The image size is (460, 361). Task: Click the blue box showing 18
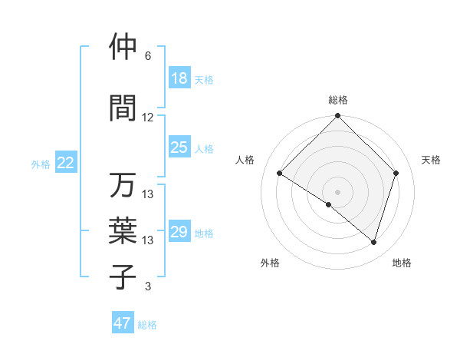(x=179, y=78)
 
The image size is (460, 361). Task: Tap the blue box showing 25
(x=179, y=147)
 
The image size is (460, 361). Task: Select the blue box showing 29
(x=179, y=232)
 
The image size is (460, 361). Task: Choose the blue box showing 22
(x=65, y=163)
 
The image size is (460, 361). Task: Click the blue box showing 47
(x=123, y=323)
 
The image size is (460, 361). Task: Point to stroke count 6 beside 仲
(x=148, y=56)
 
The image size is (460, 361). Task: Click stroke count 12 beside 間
(x=148, y=118)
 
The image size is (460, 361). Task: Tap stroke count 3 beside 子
(x=148, y=286)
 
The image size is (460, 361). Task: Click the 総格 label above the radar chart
(x=337, y=100)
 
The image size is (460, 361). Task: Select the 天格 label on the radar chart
(x=431, y=160)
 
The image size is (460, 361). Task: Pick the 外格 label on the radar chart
(x=270, y=263)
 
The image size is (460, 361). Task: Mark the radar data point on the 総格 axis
(x=337, y=117)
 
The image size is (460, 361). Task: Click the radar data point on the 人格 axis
(x=280, y=174)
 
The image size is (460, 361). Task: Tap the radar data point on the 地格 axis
(x=373, y=242)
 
